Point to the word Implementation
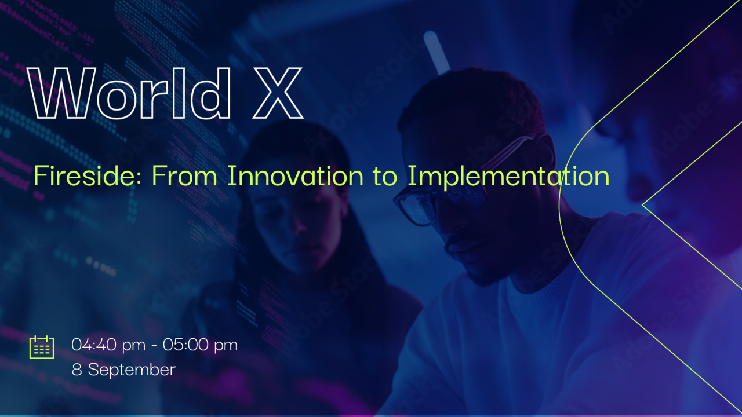pos(508,175)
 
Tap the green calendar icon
pos(42,347)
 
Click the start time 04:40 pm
pos(108,345)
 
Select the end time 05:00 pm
pos(200,345)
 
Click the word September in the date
pos(132,370)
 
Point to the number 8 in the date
pos(77,370)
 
